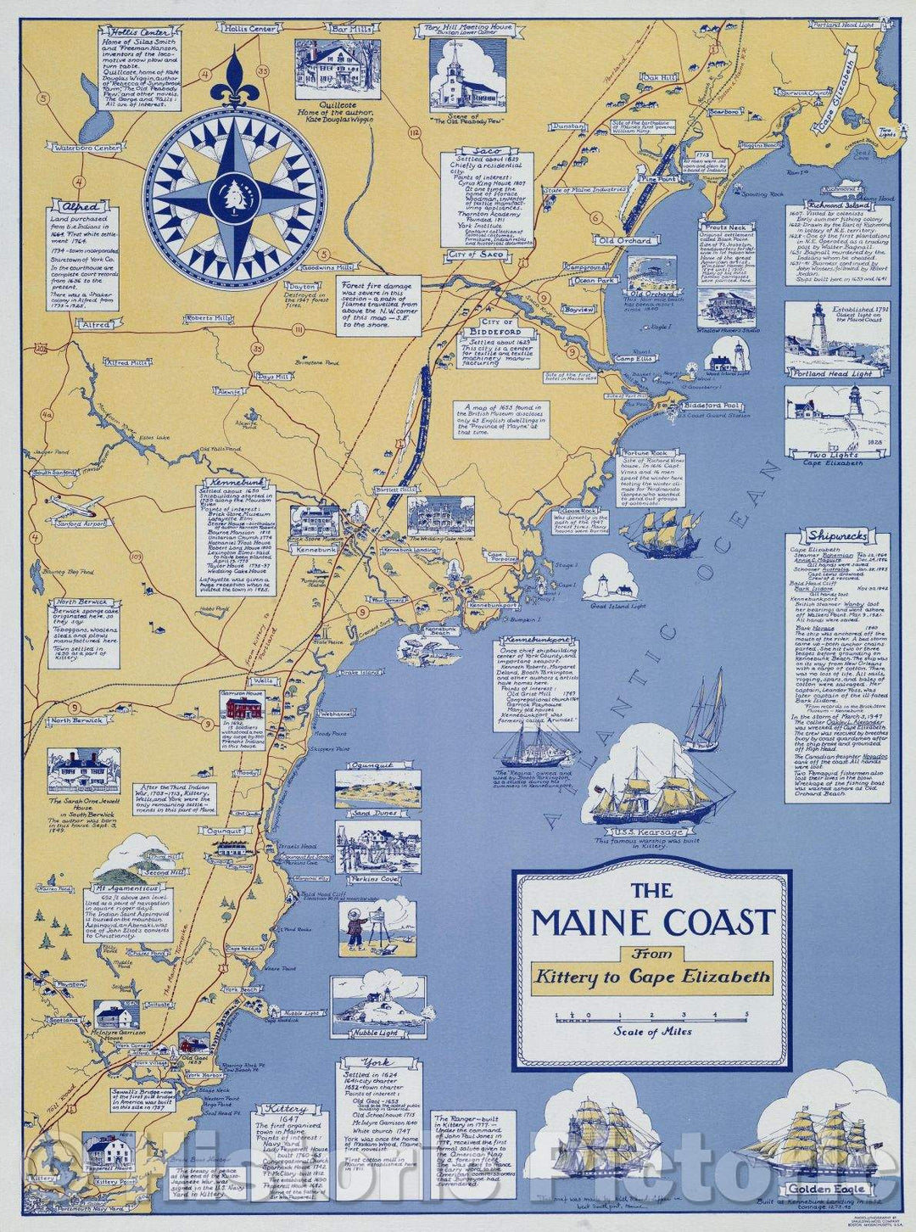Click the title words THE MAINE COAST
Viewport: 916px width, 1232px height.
point(653,921)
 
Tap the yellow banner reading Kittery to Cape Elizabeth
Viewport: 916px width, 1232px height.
point(652,977)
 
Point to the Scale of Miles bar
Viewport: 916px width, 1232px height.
point(652,1015)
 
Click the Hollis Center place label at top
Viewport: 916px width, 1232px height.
point(250,29)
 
